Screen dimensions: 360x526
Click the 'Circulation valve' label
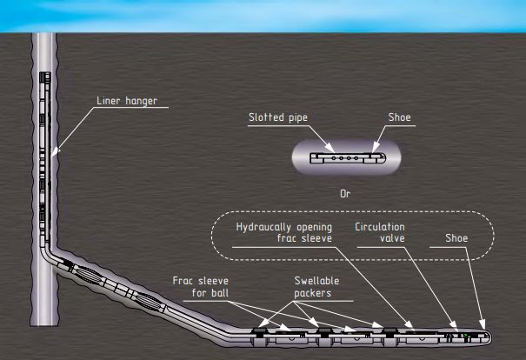(x=380, y=233)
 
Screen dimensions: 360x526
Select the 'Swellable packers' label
(x=315, y=286)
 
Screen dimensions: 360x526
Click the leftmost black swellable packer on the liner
(x=263, y=330)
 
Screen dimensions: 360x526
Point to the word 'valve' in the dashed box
(x=381, y=240)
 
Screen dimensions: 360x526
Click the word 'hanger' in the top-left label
(x=146, y=102)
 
